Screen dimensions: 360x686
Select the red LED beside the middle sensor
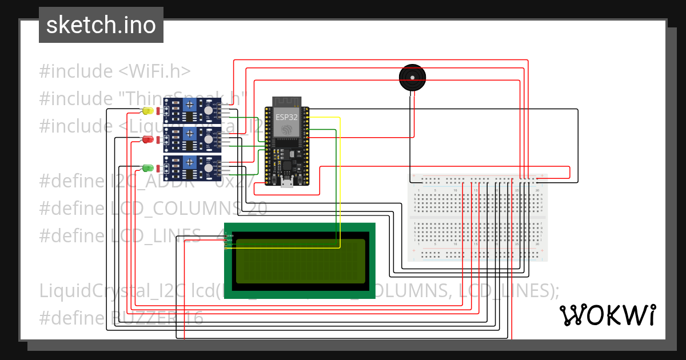[x=147, y=139]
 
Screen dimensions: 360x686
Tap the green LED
[x=147, y=168]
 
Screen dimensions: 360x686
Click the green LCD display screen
[x=300, y=261]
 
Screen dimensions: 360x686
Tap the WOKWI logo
[x=608, y=315]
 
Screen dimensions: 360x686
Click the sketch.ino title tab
[x=101, y=25]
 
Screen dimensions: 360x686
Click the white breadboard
[x=477, y=217]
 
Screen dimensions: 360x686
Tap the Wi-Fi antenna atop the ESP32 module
[x=286, y=102]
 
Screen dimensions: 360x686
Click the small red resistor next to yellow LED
[x=158, y=110]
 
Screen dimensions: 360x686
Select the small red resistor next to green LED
[x=158, y=168]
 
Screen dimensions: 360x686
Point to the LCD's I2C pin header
[x=226, y=241]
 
